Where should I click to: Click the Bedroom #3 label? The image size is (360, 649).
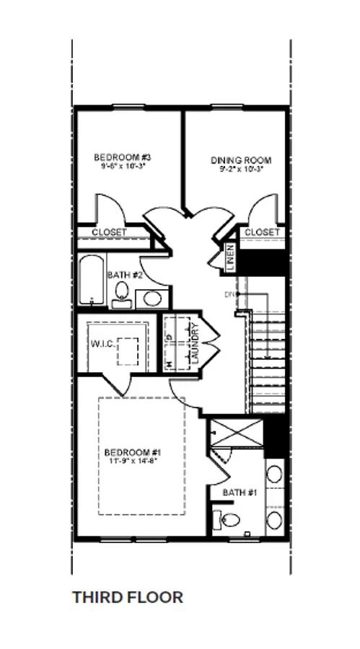point(122,156)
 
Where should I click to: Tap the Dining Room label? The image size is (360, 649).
point(240,160)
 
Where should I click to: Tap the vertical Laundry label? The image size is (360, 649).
point(195,343)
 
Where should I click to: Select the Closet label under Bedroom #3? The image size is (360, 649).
point(109,233)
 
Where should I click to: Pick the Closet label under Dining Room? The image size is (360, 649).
point(261,232)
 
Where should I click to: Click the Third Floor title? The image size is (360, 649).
point(127,597)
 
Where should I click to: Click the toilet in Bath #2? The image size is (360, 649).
point(122,293)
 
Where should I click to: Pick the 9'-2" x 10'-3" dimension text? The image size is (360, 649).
point(240,170)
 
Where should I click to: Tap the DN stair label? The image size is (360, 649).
point(230,295)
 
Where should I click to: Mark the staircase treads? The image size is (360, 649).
point(263,361)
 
